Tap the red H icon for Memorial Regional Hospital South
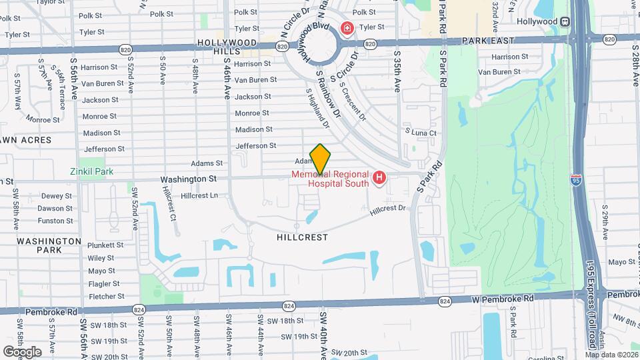click(379, 178)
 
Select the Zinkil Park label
click(91, 171)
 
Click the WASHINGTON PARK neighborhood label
click(49, 245)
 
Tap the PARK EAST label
click(489, 41)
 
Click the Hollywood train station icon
click(565, 21)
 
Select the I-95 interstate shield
click(576, 179)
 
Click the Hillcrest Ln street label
click(200, 195)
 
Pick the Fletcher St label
click(106, 296)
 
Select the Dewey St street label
click(56, 196)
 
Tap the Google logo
click(21, 351)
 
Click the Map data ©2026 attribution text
click(611, 355)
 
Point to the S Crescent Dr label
click(353, 101)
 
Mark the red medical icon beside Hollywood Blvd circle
click(347, 28)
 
